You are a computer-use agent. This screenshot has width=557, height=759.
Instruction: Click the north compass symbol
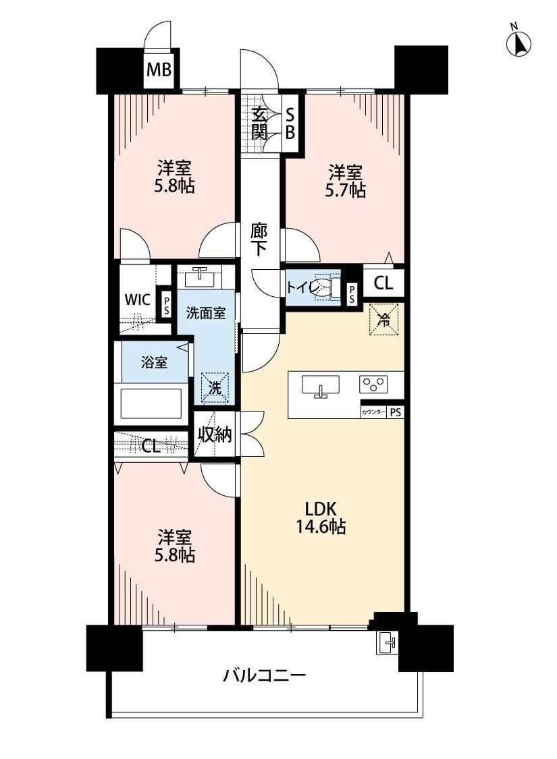519,42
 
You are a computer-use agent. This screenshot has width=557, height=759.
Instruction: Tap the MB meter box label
159,70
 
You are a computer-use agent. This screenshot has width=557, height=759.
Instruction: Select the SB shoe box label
290,123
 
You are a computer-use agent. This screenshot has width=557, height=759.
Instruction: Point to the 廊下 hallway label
259,239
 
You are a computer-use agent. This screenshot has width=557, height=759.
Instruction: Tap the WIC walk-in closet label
138,300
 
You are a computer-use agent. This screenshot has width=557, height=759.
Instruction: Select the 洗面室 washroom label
206,312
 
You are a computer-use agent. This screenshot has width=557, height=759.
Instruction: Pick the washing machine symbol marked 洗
215,387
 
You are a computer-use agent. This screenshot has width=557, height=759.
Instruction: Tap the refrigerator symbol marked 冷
383,320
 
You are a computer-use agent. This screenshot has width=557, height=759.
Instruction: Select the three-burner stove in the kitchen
373,384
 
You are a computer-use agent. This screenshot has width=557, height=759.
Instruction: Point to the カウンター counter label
373,412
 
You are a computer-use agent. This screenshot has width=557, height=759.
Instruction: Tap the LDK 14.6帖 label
321,517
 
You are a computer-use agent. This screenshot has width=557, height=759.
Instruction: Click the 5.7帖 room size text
345,190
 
